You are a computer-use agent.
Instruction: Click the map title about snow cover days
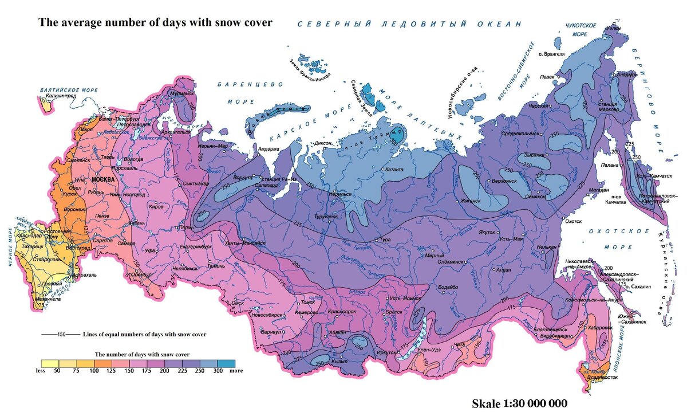155,23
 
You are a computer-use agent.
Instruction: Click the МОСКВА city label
104,179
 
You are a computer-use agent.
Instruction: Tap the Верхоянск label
504,181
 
